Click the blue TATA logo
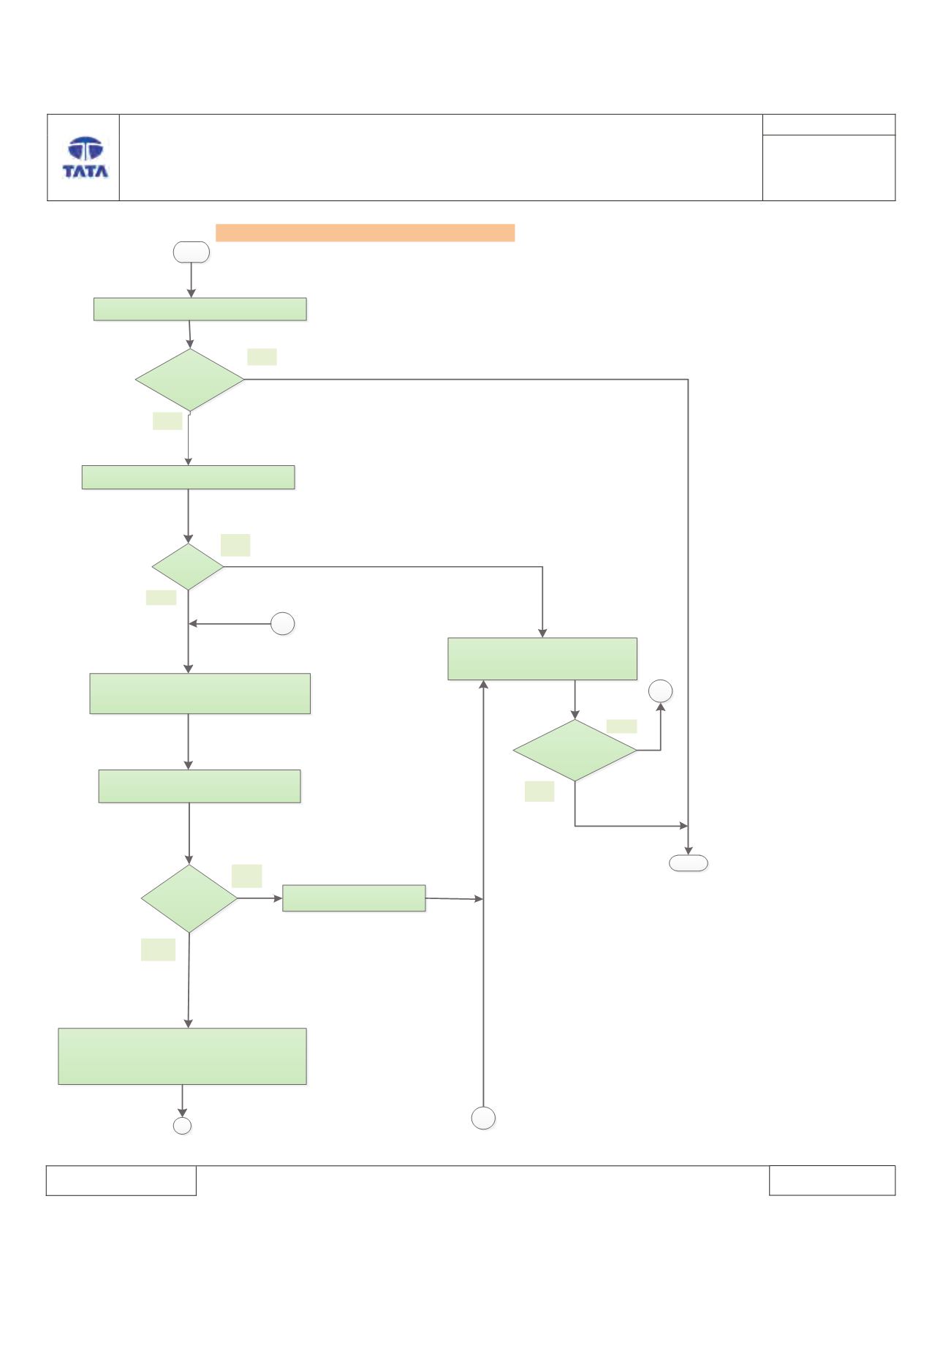coord(86,157)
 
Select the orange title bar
coord(365,233)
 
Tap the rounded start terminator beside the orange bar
coord(192,252)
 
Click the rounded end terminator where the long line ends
coord(689,863)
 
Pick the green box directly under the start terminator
coord(200,309)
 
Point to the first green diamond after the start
coord(190,380)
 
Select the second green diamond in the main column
coord(188,567)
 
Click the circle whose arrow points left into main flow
coord(283,624)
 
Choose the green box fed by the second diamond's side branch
coord(542,658)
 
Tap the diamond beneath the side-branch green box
coord(575,751)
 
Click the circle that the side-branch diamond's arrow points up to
coord(661,691)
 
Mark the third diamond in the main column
coord(189,898)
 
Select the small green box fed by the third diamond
coord(354,898)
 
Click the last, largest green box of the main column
coord(182,1056)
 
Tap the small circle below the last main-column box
coord(182,1126)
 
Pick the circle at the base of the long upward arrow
coord(483,1118)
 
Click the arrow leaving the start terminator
coord(192,279)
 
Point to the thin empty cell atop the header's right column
coord(829,124)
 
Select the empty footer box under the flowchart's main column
coord(121,1180)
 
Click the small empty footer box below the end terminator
coord(832,1180)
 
